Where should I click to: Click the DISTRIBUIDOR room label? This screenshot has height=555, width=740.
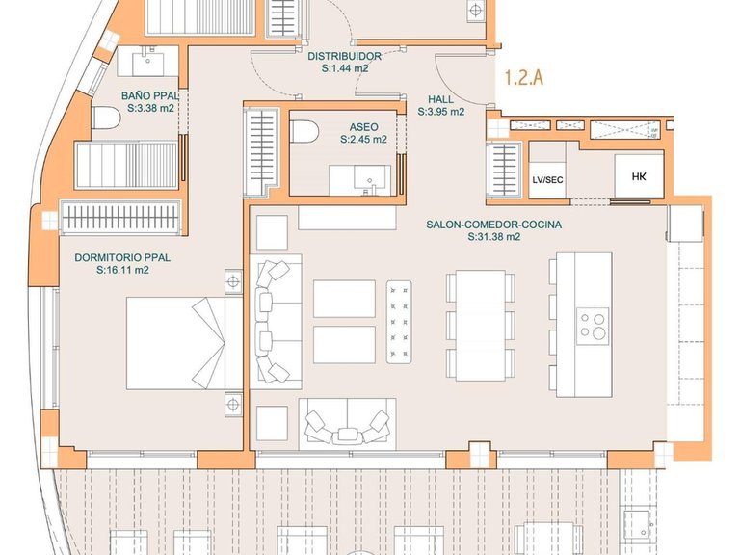coord(345,56)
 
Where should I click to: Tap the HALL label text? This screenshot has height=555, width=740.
coord(440,99)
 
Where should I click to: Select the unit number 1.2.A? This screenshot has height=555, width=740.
coord(524,77)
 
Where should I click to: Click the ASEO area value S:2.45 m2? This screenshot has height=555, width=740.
coord(363,140)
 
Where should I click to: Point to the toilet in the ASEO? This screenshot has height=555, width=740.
coord(304,131)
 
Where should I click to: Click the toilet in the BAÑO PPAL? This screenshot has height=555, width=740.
coord(105,118)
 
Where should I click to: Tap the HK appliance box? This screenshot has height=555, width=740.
coord(639,176)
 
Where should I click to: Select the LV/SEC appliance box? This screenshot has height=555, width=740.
coord(547,180)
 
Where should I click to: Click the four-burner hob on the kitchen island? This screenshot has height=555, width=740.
coord(593,326)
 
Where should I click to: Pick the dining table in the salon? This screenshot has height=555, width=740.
coord(481,325)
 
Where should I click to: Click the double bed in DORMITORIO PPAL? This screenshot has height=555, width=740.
coord(185,343)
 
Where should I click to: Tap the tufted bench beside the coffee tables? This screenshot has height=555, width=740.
coord(399,322)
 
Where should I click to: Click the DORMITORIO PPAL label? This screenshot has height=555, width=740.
coord(122,257)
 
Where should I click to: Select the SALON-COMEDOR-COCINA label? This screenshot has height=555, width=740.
coord(494,225)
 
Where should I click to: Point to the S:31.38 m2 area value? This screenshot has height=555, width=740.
coord(494,237)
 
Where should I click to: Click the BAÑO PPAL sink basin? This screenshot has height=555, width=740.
coord(147,64)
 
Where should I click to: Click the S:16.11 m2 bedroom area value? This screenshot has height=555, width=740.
coord(122,270)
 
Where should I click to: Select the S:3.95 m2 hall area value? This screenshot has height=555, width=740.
coord(440,112)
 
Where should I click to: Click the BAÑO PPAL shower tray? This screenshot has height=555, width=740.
coord(126,165)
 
